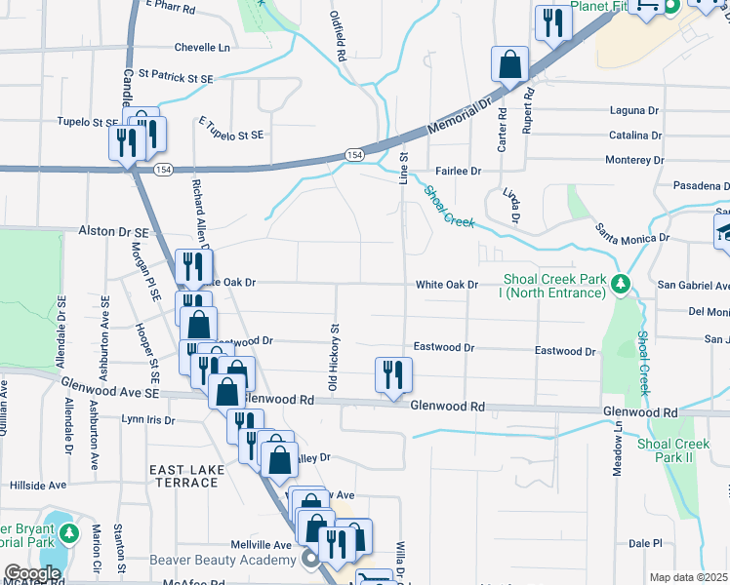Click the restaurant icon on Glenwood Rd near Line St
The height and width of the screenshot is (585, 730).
point(393,374)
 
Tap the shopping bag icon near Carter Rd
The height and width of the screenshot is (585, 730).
point(510,66)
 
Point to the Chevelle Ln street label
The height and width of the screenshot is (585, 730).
point(202,47)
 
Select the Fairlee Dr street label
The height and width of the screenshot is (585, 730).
point(459,172)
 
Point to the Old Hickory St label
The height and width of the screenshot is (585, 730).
point(333,360)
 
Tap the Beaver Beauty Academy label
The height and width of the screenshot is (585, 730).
point(223,560)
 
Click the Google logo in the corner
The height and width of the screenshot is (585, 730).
point(32,573)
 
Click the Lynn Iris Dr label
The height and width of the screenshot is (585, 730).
point(146,420)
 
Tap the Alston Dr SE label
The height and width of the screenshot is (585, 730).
point(112,232)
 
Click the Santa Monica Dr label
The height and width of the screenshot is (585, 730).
point(632,233)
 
